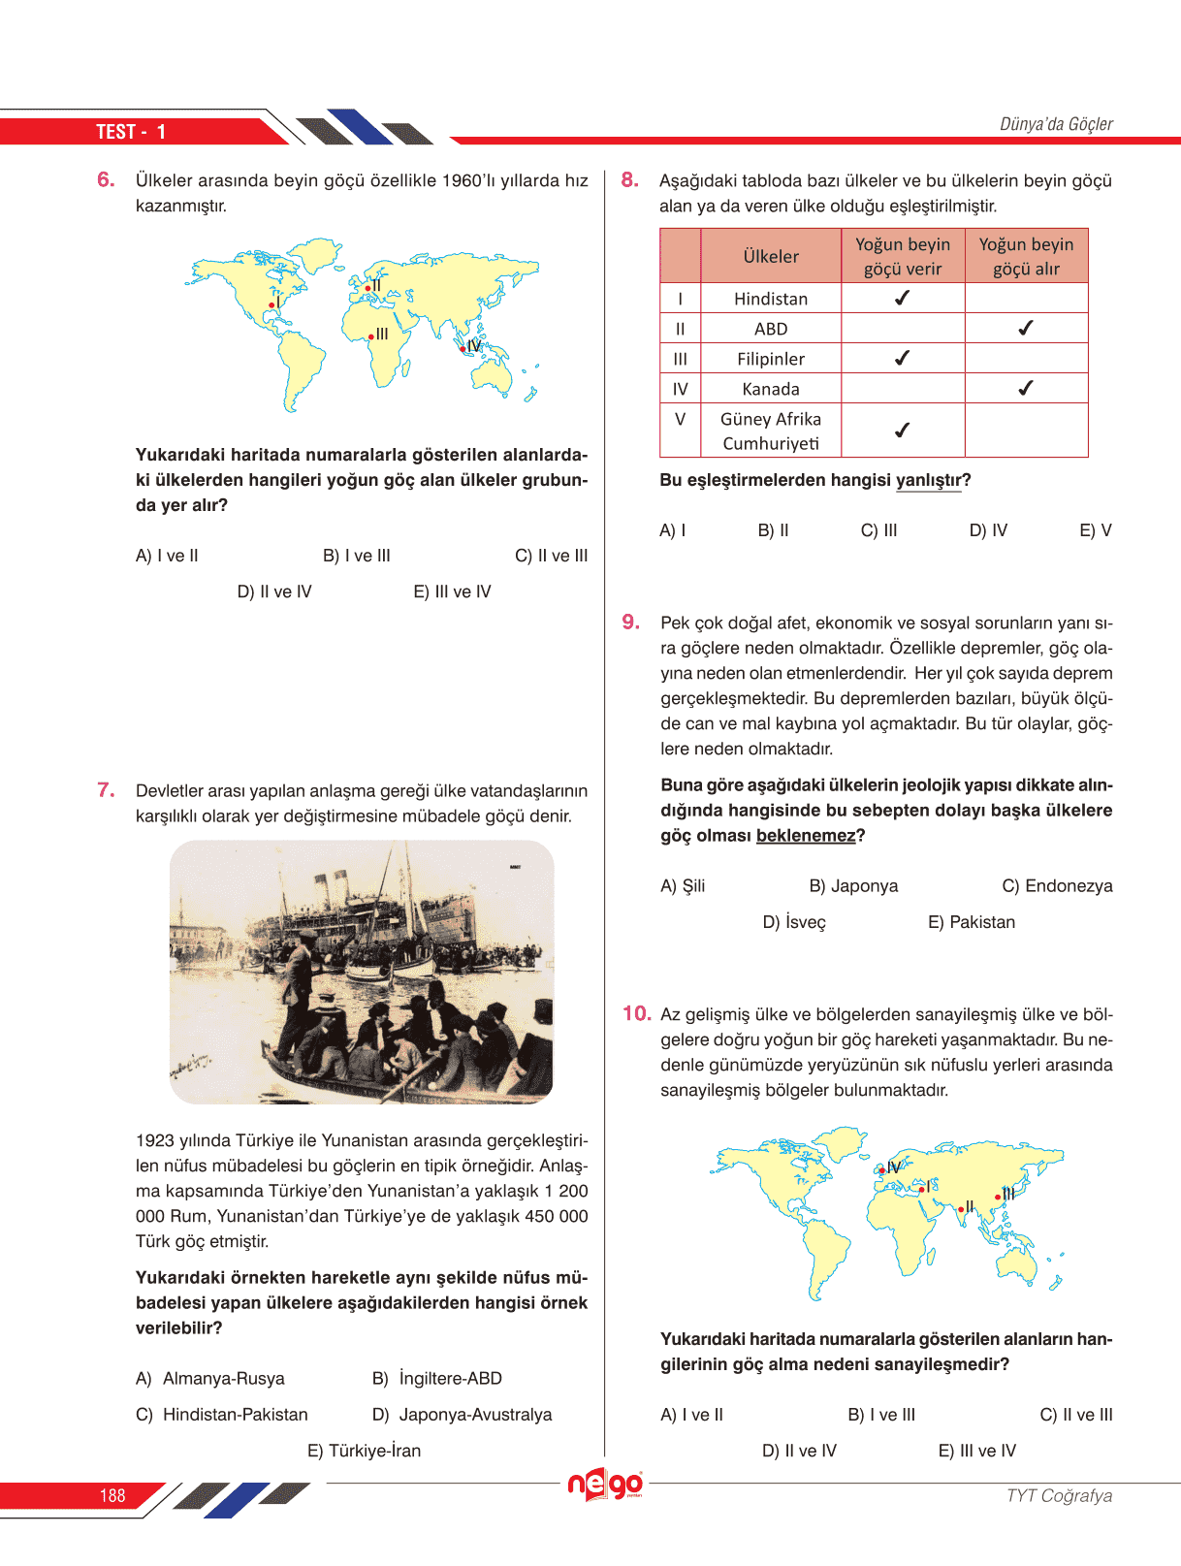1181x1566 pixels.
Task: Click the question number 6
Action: (106, 179)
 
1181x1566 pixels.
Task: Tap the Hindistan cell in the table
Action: (771, 299)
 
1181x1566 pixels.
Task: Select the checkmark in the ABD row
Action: (1026, 329)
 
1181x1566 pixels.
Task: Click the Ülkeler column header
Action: (771, 256)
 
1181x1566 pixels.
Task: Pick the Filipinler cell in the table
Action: (771, 359)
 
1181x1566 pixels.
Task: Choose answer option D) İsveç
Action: (794, 922)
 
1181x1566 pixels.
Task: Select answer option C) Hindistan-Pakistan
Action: (222, 1415)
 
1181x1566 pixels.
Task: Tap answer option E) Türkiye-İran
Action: (365, 1451)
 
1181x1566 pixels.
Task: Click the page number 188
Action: (112, 1496)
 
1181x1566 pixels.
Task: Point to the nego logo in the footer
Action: (605, 1485)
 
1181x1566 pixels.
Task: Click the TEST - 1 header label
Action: (131, 132)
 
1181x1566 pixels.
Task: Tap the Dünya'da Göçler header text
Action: (1056, 124)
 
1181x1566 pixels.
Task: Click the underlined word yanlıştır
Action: (928, 480)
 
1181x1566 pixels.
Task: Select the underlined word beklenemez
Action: (806, 836)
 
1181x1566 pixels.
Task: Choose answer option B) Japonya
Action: (853, 886)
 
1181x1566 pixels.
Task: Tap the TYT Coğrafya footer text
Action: (1059, 1496)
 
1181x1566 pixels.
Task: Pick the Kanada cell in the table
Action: (771, 389)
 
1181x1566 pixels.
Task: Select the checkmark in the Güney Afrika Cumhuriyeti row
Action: (902, 431)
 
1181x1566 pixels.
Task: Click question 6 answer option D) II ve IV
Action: (274, 591)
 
